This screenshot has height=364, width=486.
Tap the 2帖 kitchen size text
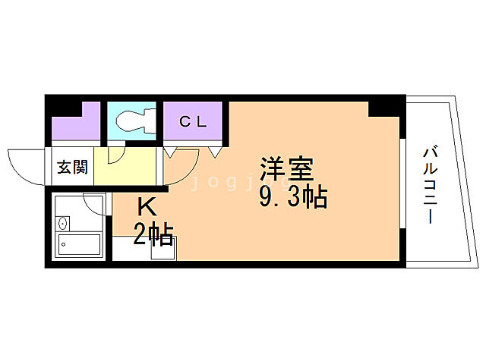point(153,234)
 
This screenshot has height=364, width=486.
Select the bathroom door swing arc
point(96,205)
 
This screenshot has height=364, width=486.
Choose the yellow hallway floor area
point(125,171)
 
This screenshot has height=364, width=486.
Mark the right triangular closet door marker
point(216,152)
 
